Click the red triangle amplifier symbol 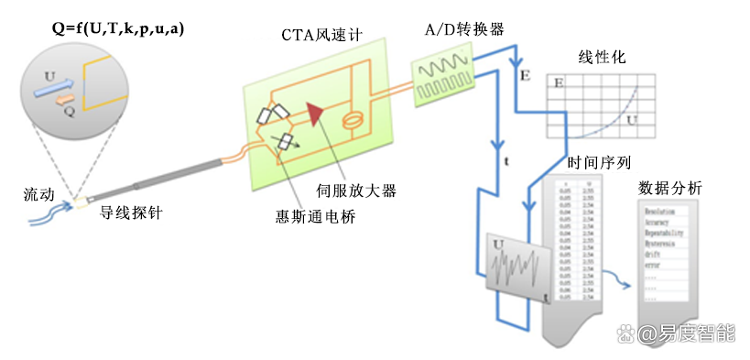coord(315,114)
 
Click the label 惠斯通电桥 coord(315,216)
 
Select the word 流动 coord(41,195)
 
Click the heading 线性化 coord(602,57)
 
